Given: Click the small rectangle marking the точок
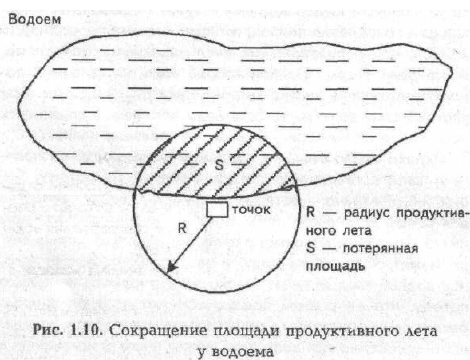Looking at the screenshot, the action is [x=217, y=210].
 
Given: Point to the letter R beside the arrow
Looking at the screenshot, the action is [x=182, y=228].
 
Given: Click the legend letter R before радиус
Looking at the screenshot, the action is [x=311, y=212].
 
